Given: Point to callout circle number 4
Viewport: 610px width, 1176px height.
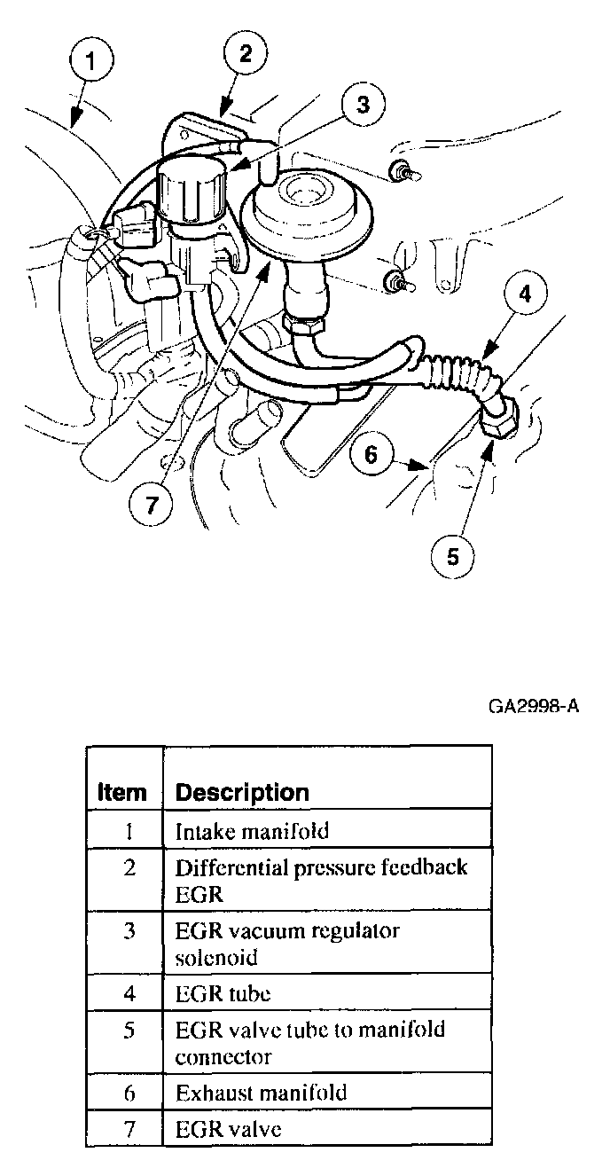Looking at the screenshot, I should (x=525, y=294).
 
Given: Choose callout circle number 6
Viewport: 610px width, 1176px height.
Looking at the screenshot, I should (x=371, y=454).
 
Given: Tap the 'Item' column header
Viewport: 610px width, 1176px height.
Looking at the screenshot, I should (x=121, y=792).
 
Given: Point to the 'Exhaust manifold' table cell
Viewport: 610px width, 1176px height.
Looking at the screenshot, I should (x=261, y=1092).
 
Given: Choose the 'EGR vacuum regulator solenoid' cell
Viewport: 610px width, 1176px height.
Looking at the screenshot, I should (x=287, y=944).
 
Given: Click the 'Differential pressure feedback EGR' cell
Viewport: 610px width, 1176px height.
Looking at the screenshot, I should (x=321, y=880).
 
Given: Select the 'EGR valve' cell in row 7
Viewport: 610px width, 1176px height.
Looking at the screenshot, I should (x=228, y=1129).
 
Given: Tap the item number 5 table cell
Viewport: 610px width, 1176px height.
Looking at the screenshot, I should (x=129, y=1031).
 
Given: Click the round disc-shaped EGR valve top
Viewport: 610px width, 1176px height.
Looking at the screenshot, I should (x=306, y=205).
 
